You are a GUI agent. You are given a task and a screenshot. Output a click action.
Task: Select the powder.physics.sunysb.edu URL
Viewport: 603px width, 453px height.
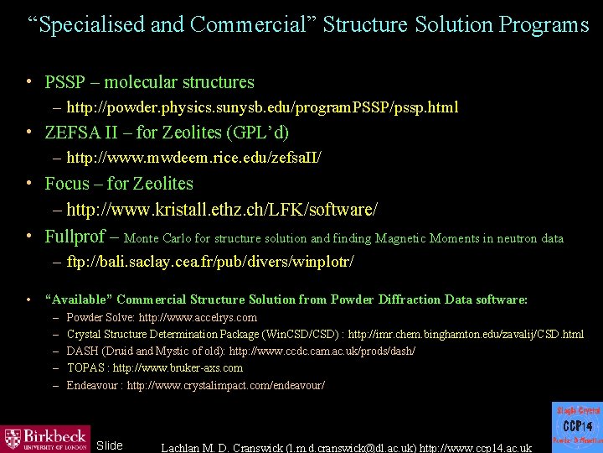262,107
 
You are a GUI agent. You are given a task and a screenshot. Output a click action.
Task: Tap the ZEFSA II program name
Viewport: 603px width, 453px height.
84,133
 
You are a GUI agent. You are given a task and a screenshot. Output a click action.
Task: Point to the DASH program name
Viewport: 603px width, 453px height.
81,351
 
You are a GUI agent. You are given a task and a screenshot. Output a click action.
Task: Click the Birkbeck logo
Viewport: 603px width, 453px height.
45,438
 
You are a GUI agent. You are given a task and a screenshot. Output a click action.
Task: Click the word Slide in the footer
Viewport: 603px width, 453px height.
110,445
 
